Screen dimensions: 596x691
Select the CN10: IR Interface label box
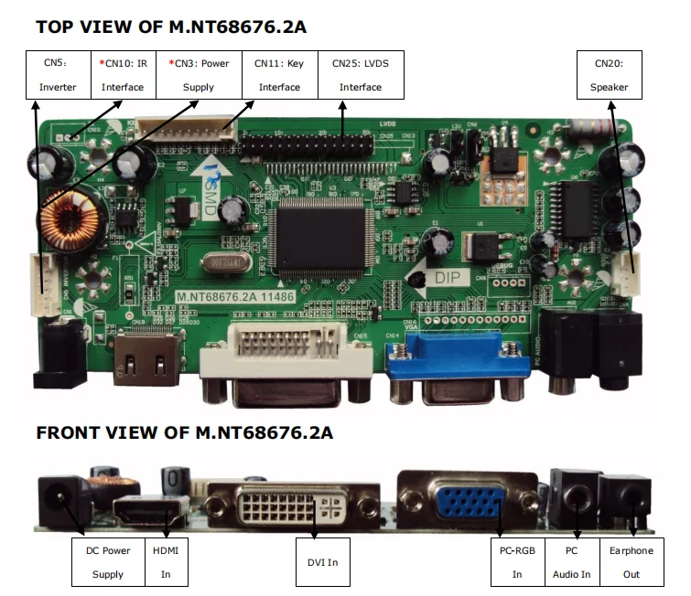123,75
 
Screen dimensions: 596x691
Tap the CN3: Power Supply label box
199,75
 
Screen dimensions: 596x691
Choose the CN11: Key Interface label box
279,75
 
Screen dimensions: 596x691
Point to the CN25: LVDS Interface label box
360,75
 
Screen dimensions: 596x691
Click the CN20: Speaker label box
609,75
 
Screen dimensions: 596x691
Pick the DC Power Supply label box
108,562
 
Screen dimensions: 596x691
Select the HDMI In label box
166,562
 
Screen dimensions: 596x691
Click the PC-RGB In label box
516,562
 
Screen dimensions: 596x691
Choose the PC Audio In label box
571,562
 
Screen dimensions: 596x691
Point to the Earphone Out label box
632,562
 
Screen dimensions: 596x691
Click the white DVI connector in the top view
286,352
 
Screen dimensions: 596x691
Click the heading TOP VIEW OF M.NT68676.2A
171,27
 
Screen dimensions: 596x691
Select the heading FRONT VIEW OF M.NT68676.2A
184,432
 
